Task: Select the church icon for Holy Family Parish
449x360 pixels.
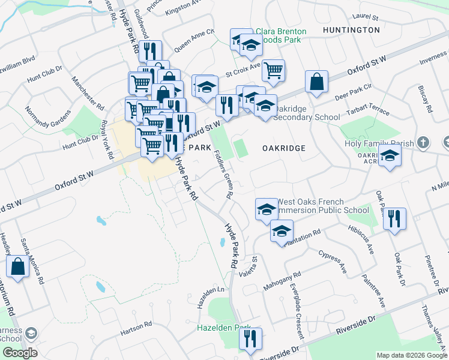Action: tap(424, 143)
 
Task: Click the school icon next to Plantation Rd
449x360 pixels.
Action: tap(282, 231)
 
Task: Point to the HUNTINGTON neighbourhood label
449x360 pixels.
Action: tap(351, 29)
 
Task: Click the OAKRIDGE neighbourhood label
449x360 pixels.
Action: tap(284, 148)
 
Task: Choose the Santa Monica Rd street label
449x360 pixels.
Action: tap(33, 261)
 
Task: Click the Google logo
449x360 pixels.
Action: tap(19, 353)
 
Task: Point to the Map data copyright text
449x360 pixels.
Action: tap(411, 355)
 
